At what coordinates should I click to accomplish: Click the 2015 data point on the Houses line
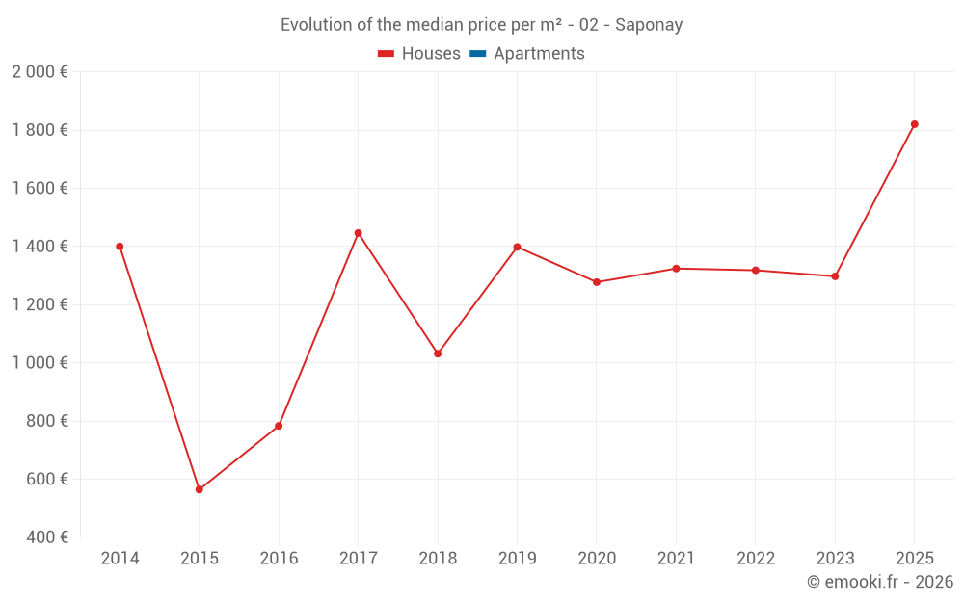(x=200, y=489)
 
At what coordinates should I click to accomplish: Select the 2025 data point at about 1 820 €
(x=914, y=124)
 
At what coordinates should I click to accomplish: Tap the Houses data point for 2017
(x=358, y=233)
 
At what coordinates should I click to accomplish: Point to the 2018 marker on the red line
(x=438, y=353)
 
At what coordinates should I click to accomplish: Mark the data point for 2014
(x=120, y=247)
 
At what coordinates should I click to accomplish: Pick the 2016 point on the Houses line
(x=279, y=426)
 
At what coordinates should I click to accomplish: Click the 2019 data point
(x=517, y=248)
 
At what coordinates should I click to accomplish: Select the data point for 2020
(x=597, y=282)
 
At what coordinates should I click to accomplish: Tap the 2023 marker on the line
(x=835, y=276)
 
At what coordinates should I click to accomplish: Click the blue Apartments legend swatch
(x=478, y=54)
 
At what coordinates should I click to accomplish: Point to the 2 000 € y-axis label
(x=40, y=72)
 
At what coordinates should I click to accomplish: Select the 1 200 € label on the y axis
(x=40, y=304)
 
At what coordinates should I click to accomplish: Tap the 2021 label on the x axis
(x=676, y=559)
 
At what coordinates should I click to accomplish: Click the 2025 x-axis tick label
(x=914, y=559)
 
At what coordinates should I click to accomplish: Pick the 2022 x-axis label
(x=756, y=559)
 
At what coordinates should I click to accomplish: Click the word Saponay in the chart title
(x=649, y=25)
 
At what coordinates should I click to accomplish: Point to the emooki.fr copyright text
(x=879, y=582)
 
